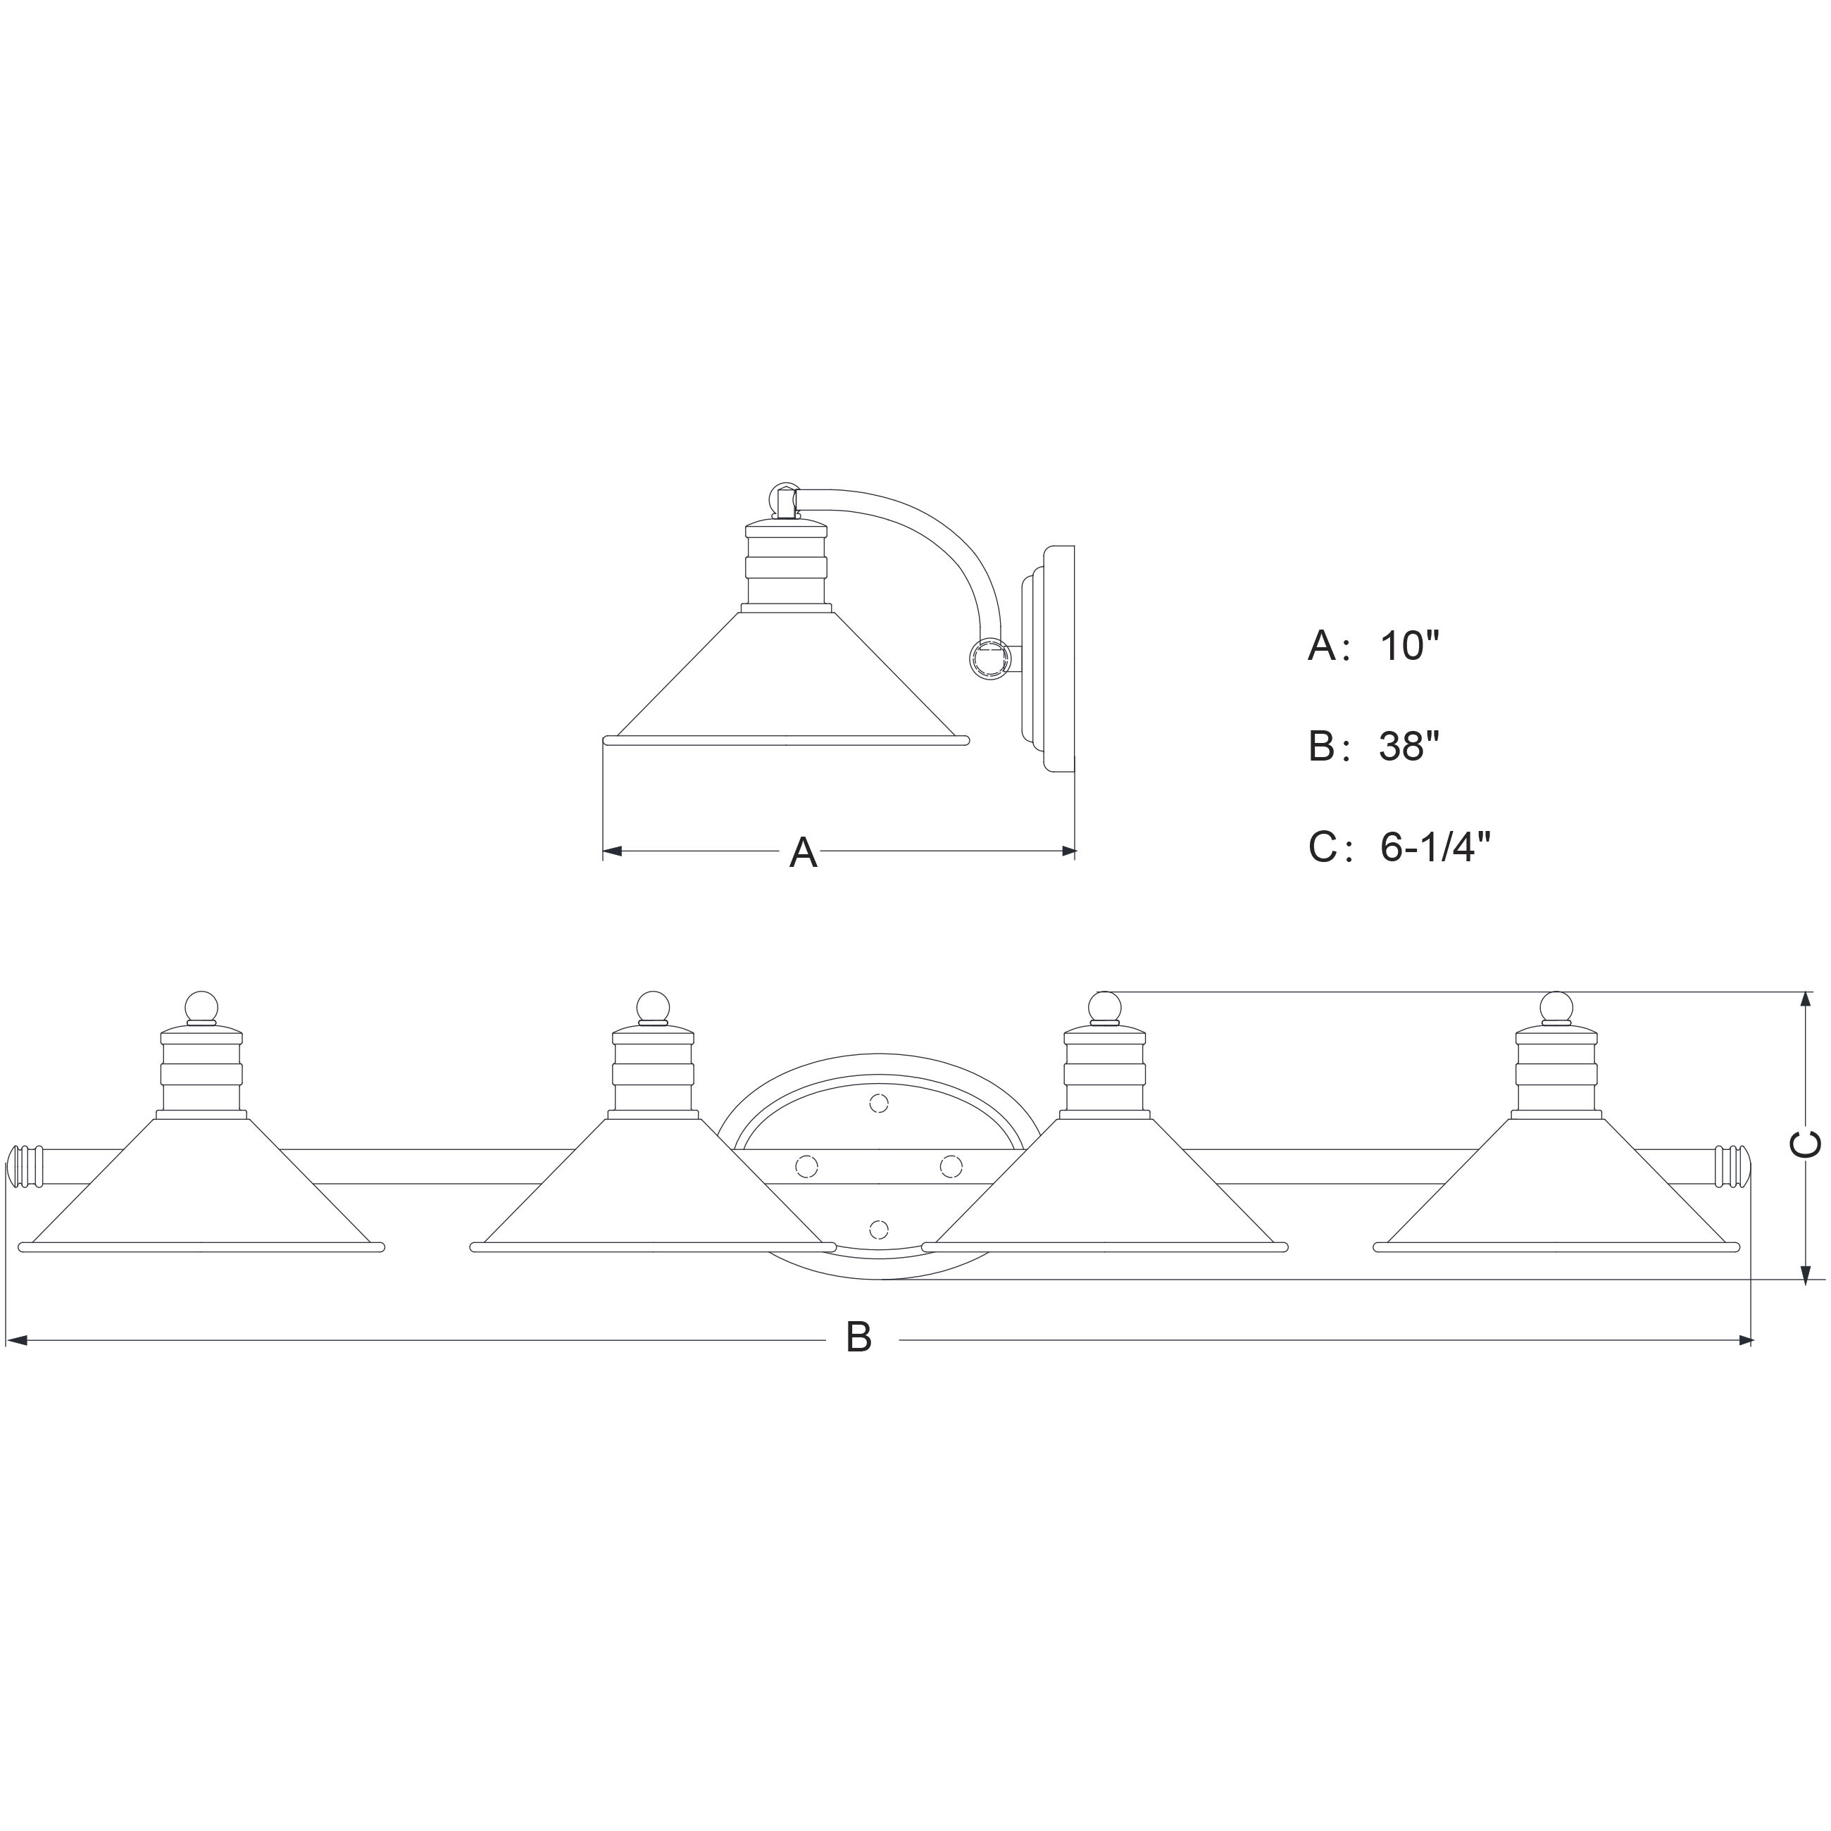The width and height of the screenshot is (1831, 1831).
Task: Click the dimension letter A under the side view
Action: (x=803, y=852)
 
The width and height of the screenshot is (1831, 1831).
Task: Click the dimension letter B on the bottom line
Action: (x=858, y=1337)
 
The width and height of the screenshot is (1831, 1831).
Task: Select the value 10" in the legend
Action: (x=1409, y=646)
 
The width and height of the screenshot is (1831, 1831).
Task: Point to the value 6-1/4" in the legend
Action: (x=1435, y=847)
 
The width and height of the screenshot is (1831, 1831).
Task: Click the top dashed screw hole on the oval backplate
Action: (x=879, y=1103)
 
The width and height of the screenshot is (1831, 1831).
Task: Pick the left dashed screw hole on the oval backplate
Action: (x=806, y=1166)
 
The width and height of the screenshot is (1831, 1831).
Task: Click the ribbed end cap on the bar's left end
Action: (x=25, y=1166)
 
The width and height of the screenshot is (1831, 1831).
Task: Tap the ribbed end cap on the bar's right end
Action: (x=1733, y=1166)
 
